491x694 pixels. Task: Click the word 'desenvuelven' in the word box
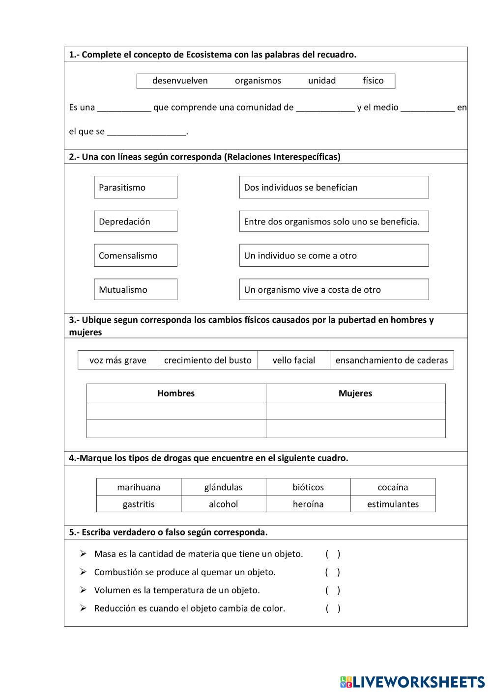(x=180, y=81)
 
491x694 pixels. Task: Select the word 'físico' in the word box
(x=373, y=81)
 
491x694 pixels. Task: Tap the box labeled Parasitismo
(x=136, y=187)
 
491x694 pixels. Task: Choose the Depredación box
(x=136, y=222)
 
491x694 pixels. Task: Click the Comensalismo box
(x=136, y=255)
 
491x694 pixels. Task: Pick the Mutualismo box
(x=136, y=290)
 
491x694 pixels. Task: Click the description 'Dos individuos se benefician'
(x=334, y=187)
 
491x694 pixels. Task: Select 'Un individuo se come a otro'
(x=334, y=255)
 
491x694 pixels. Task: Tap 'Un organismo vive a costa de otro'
(x=334, y=290)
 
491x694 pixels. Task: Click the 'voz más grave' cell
(x=118, y=360)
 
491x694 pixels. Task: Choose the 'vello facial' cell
(x=294, y=360)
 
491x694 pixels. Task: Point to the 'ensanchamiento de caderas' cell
(x=392, y=360)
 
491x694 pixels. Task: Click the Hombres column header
(x=176, y=393)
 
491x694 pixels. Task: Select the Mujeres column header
(x=355, y=393)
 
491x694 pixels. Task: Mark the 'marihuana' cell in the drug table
(x=139, y=487)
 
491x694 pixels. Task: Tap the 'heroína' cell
(x=308, y=504)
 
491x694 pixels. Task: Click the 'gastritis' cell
(x=139, y=504)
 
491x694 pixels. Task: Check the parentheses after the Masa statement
(x=333, y=554)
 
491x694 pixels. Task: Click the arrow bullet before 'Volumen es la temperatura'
(x=83, y=590)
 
